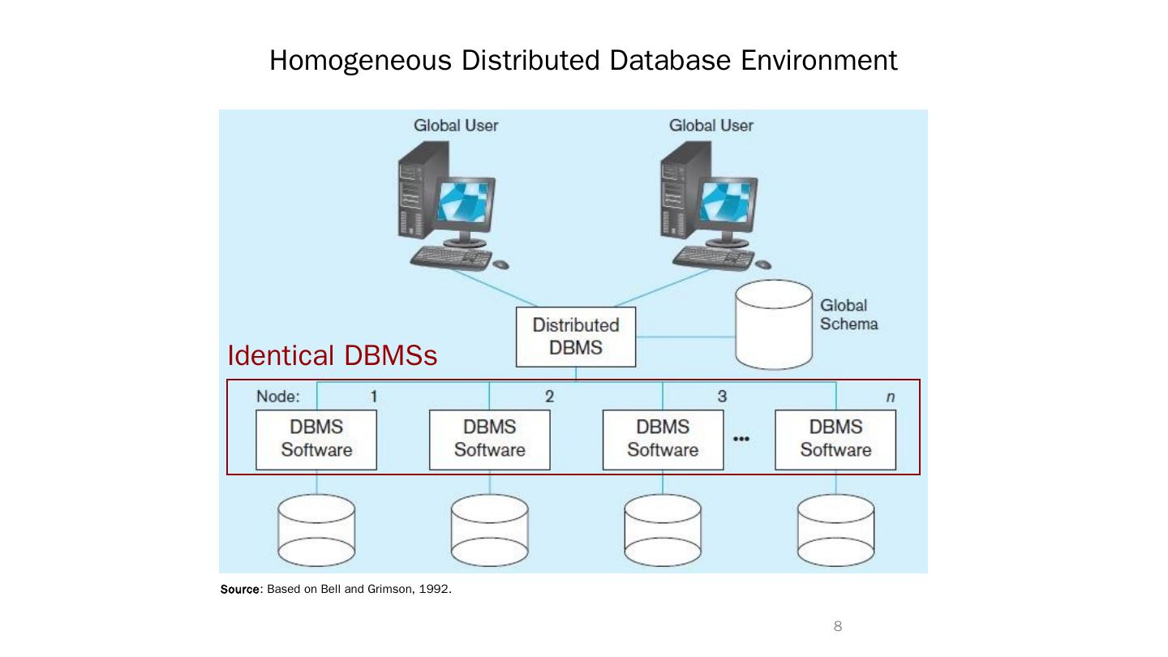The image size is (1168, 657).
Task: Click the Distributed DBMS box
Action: pos(576,337)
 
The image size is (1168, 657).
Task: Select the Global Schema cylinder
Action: pos(773,324)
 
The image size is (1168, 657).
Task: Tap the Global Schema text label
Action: pos(848,315)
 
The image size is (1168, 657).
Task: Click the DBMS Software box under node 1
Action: pos(316,440)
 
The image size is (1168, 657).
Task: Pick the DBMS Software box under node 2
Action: pos(489,440)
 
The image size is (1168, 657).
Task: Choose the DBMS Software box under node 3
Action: pos(663,440)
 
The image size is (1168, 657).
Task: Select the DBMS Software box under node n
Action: pos(835,440)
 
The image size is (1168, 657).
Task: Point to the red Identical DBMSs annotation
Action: pos(332,355)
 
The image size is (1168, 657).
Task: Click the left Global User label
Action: pos(456,126)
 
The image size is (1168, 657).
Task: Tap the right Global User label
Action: pos(711,126)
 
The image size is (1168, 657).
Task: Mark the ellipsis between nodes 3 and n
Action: pos(741,439)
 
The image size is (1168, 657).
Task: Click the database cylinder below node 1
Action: pos(316,530)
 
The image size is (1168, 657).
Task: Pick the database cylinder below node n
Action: pos(835,530)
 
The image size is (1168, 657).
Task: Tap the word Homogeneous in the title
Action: pos(360,61)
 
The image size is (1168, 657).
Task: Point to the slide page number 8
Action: pos(838,626)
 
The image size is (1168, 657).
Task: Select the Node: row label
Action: pos(277,397)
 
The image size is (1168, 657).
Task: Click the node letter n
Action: pos(891,397)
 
